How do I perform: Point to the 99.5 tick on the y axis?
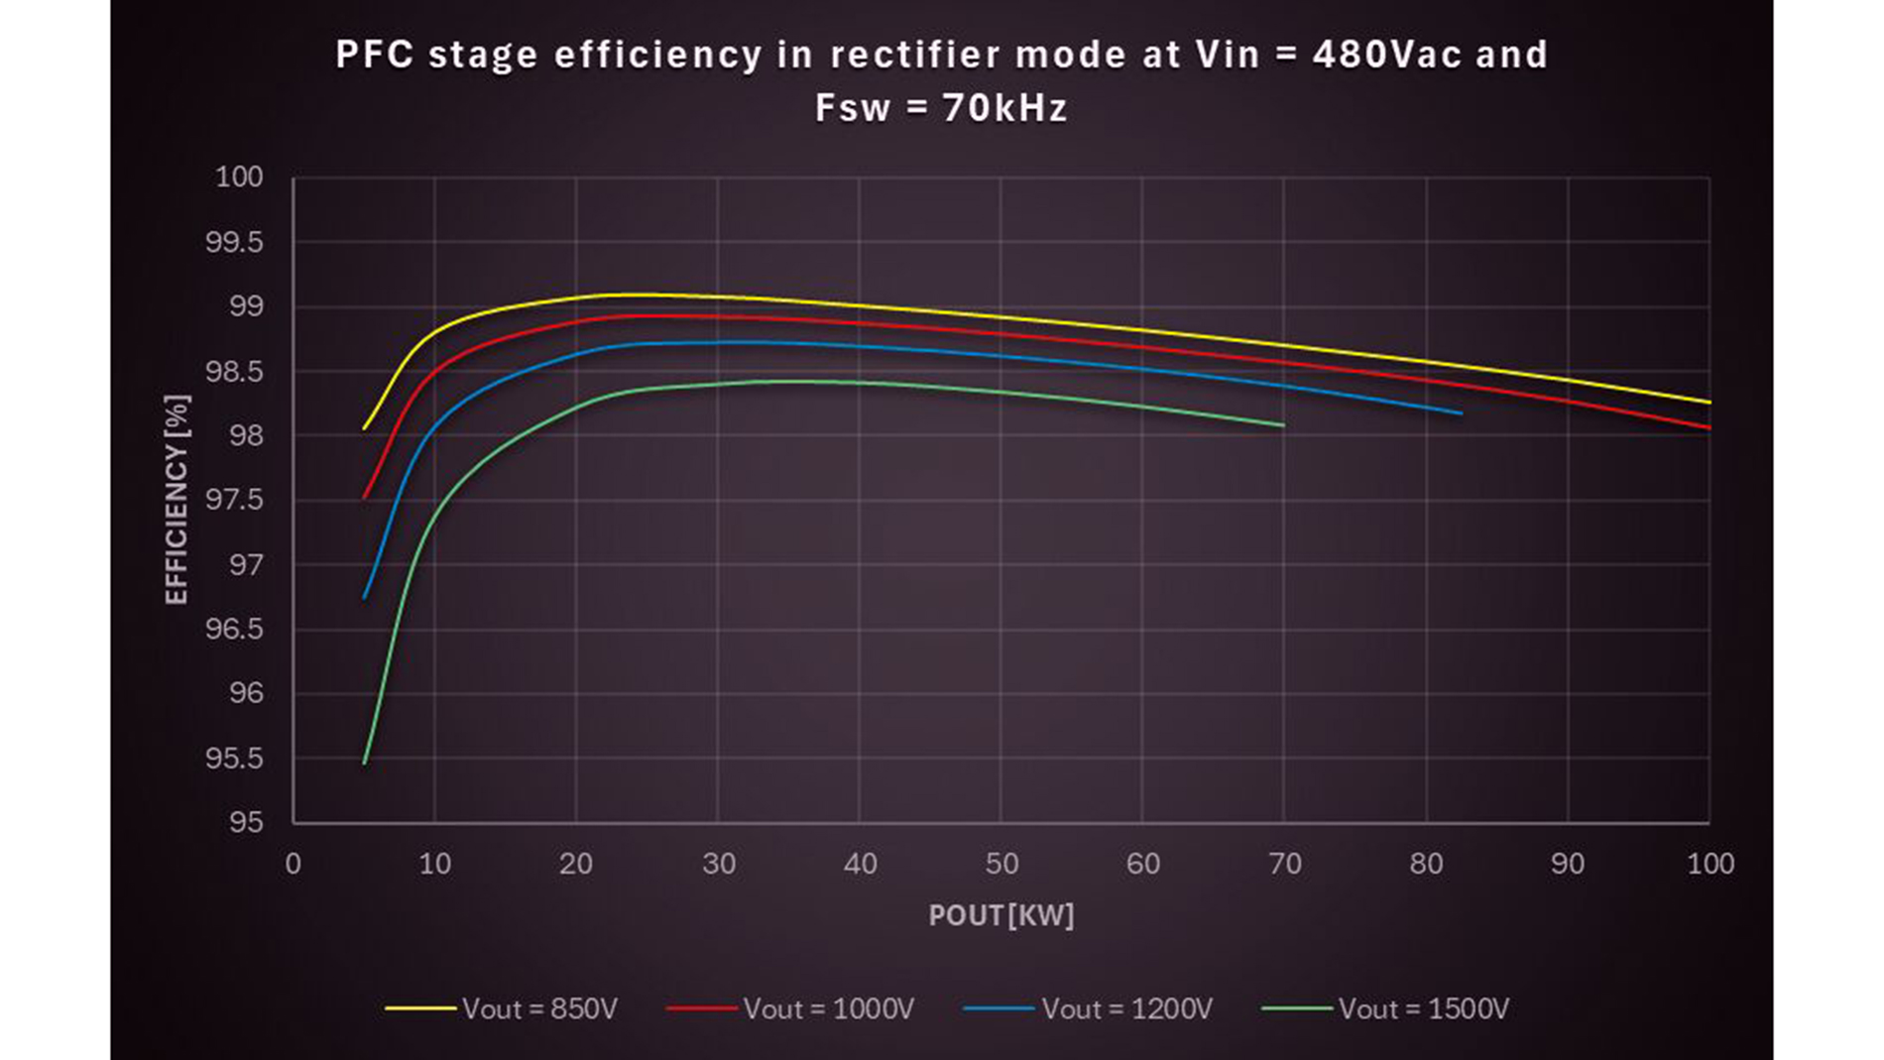click(x=234, y=242)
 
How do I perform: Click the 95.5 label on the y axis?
click(x=234, y=759)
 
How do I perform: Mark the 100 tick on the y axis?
click(x=239, y=177)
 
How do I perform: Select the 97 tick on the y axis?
click(x=246, y=565)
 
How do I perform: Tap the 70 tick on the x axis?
click(x=1285, y=864)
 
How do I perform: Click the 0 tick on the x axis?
click(x=293, y=864)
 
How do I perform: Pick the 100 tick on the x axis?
click(x=1710, y=864)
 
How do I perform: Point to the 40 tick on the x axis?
click(x=860, y=864)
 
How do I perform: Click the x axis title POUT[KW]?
click(x=1001, y=915)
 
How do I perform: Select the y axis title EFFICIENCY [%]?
click(x=177, y=499)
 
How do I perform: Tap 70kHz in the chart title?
click(x=1004, y=107)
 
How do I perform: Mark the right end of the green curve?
click(x=1284, y=425)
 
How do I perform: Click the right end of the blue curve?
click(x=1462, y=413)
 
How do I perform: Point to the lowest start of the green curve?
click(x=365, y=763)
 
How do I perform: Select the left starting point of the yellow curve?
click(x=365, y=428)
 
